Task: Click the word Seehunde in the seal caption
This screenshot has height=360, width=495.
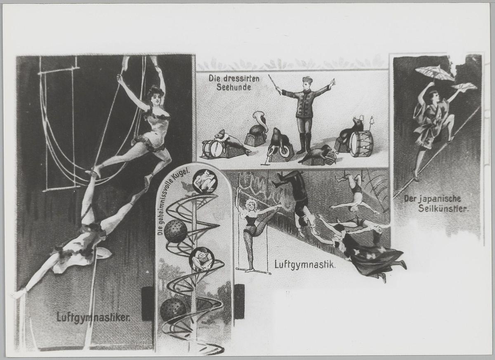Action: tap(234, 87)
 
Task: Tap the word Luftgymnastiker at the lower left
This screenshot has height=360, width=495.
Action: tap(94, 318)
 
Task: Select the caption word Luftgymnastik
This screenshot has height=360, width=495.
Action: tap(305, 265)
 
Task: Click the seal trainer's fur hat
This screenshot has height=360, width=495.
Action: tap(307, 80)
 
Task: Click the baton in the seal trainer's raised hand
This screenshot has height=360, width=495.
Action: tap(275, 85)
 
